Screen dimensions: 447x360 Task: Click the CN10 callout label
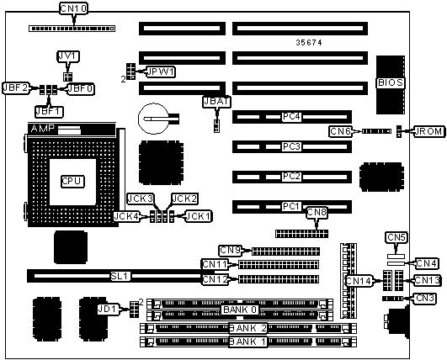73,8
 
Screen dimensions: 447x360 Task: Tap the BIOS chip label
391,82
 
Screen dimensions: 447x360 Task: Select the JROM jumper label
429,131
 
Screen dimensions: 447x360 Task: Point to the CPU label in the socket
72,181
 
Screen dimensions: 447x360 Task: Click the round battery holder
154,119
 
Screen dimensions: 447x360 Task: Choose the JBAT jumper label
216,102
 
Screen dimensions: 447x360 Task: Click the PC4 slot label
291,117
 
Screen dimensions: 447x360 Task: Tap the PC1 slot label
291,206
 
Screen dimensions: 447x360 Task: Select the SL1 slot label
120,276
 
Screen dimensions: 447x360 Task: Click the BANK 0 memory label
240,310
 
